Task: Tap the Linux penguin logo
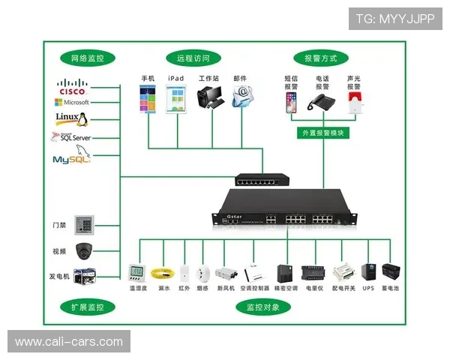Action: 72,118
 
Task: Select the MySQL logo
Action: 71,158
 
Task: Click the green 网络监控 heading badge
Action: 87,58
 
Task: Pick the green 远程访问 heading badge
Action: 193,58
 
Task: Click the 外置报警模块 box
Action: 322,133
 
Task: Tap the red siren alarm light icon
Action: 354,103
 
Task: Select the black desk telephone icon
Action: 322,103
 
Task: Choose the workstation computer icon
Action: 209,97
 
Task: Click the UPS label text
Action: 367,287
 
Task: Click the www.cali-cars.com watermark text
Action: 69,342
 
